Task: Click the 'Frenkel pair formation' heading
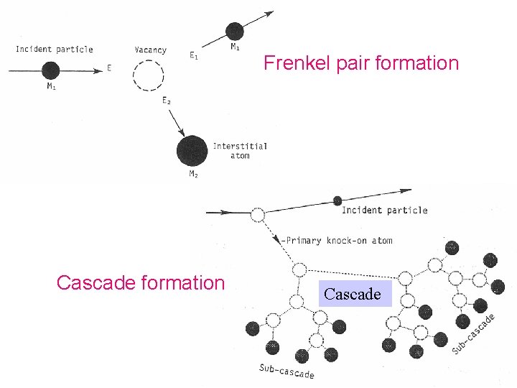point(360,63)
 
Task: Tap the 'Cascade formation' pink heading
point(140,282)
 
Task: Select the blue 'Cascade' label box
point(352,294)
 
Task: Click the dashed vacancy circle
point(149,73)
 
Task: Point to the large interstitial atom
point(192,150)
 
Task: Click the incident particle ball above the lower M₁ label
point(50,70)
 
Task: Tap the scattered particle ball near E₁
point(234,31)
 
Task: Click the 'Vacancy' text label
point(150,50)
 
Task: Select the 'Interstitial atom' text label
point(240,150)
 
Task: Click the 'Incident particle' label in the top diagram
point(55,50)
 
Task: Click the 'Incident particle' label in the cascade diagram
point(384,210)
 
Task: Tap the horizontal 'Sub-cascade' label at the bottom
point(287,371)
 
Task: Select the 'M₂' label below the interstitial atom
point(192,174)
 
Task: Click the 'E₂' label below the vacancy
point(167,101)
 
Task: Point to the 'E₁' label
point(194,56)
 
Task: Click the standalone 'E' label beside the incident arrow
point(109,68)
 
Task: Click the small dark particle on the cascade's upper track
point(337,200)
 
